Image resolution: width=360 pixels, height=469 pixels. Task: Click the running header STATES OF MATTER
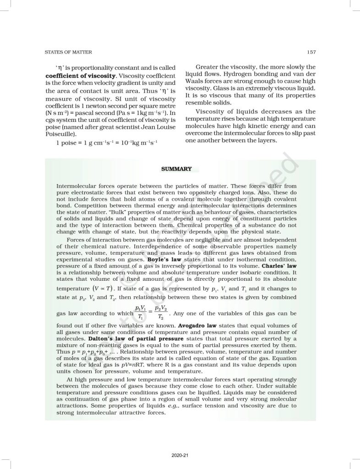pyautogui.click(x=68, y=52)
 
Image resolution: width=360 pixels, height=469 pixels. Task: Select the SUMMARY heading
pyautogui.click(x=176, y=169)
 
